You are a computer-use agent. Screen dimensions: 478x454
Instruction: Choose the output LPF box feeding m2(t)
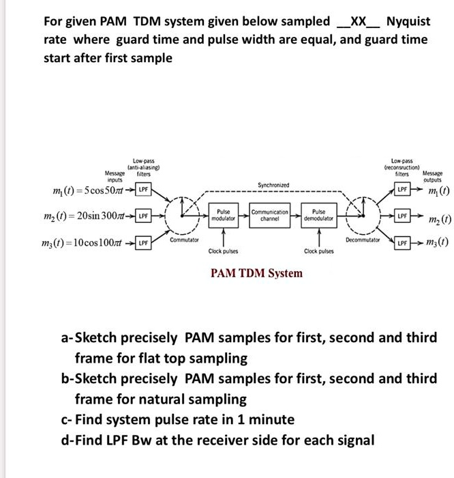[x=404, y=216]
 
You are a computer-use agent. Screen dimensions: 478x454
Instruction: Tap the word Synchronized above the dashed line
[x=273, y=185]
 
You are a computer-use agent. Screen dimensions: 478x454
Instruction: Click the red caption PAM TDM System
[x=256, y=273]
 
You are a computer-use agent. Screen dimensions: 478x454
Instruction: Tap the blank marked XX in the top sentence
[x=358, y=21]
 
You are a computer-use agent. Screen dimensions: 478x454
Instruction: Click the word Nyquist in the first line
[x=408, y=21]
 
